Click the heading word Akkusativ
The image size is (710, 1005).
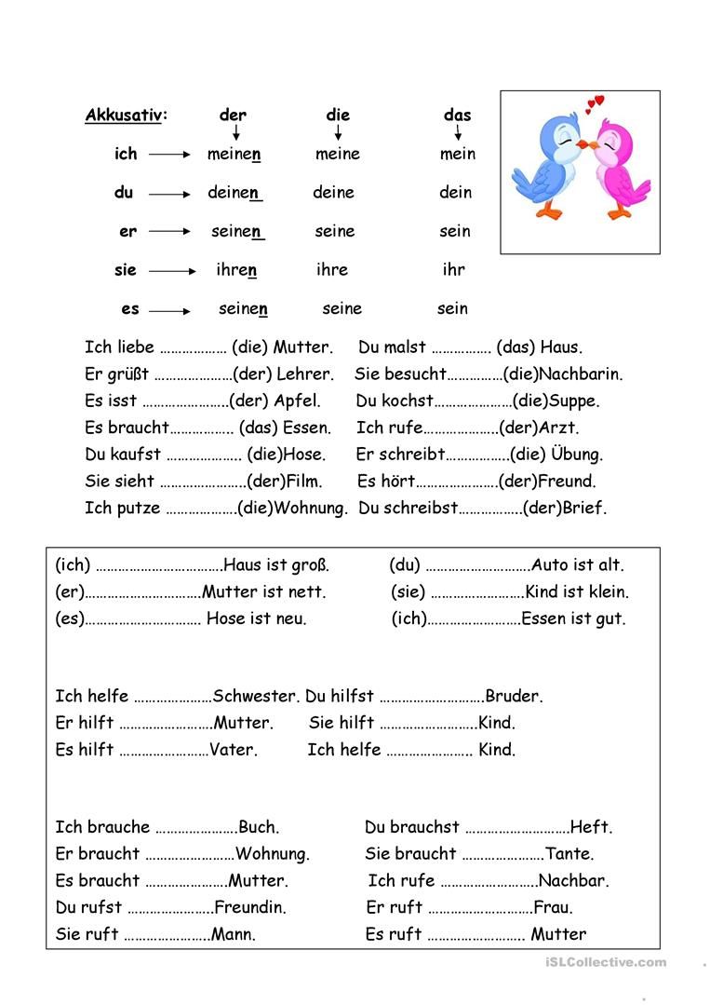coord(124,115)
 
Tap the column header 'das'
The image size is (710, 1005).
coord(457,115)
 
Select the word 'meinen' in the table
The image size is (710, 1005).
coord(234,155)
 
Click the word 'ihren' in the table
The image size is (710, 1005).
coord(235,270)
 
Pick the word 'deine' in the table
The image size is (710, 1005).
coord(333,193)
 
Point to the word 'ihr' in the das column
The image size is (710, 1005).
coord(453,270)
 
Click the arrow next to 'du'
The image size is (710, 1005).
coord(169,194)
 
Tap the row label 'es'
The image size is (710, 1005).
coord(129,308)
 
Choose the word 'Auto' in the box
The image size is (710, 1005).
coord(549,564)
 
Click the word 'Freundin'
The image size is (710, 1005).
coord(250,907)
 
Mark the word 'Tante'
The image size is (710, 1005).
coord(569,853)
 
